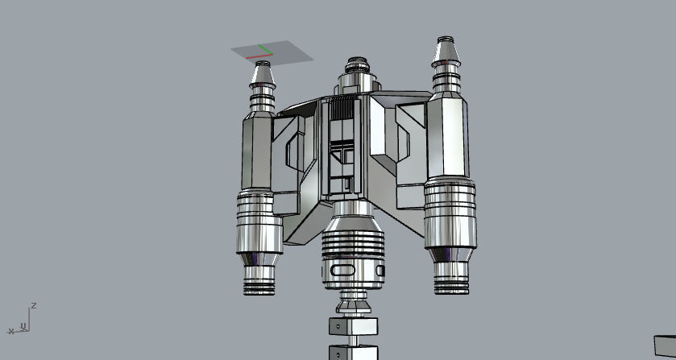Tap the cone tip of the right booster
click(x=444, y=50)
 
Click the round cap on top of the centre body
click(x=357, y=64)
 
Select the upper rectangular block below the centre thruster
click(x=352, y=327)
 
